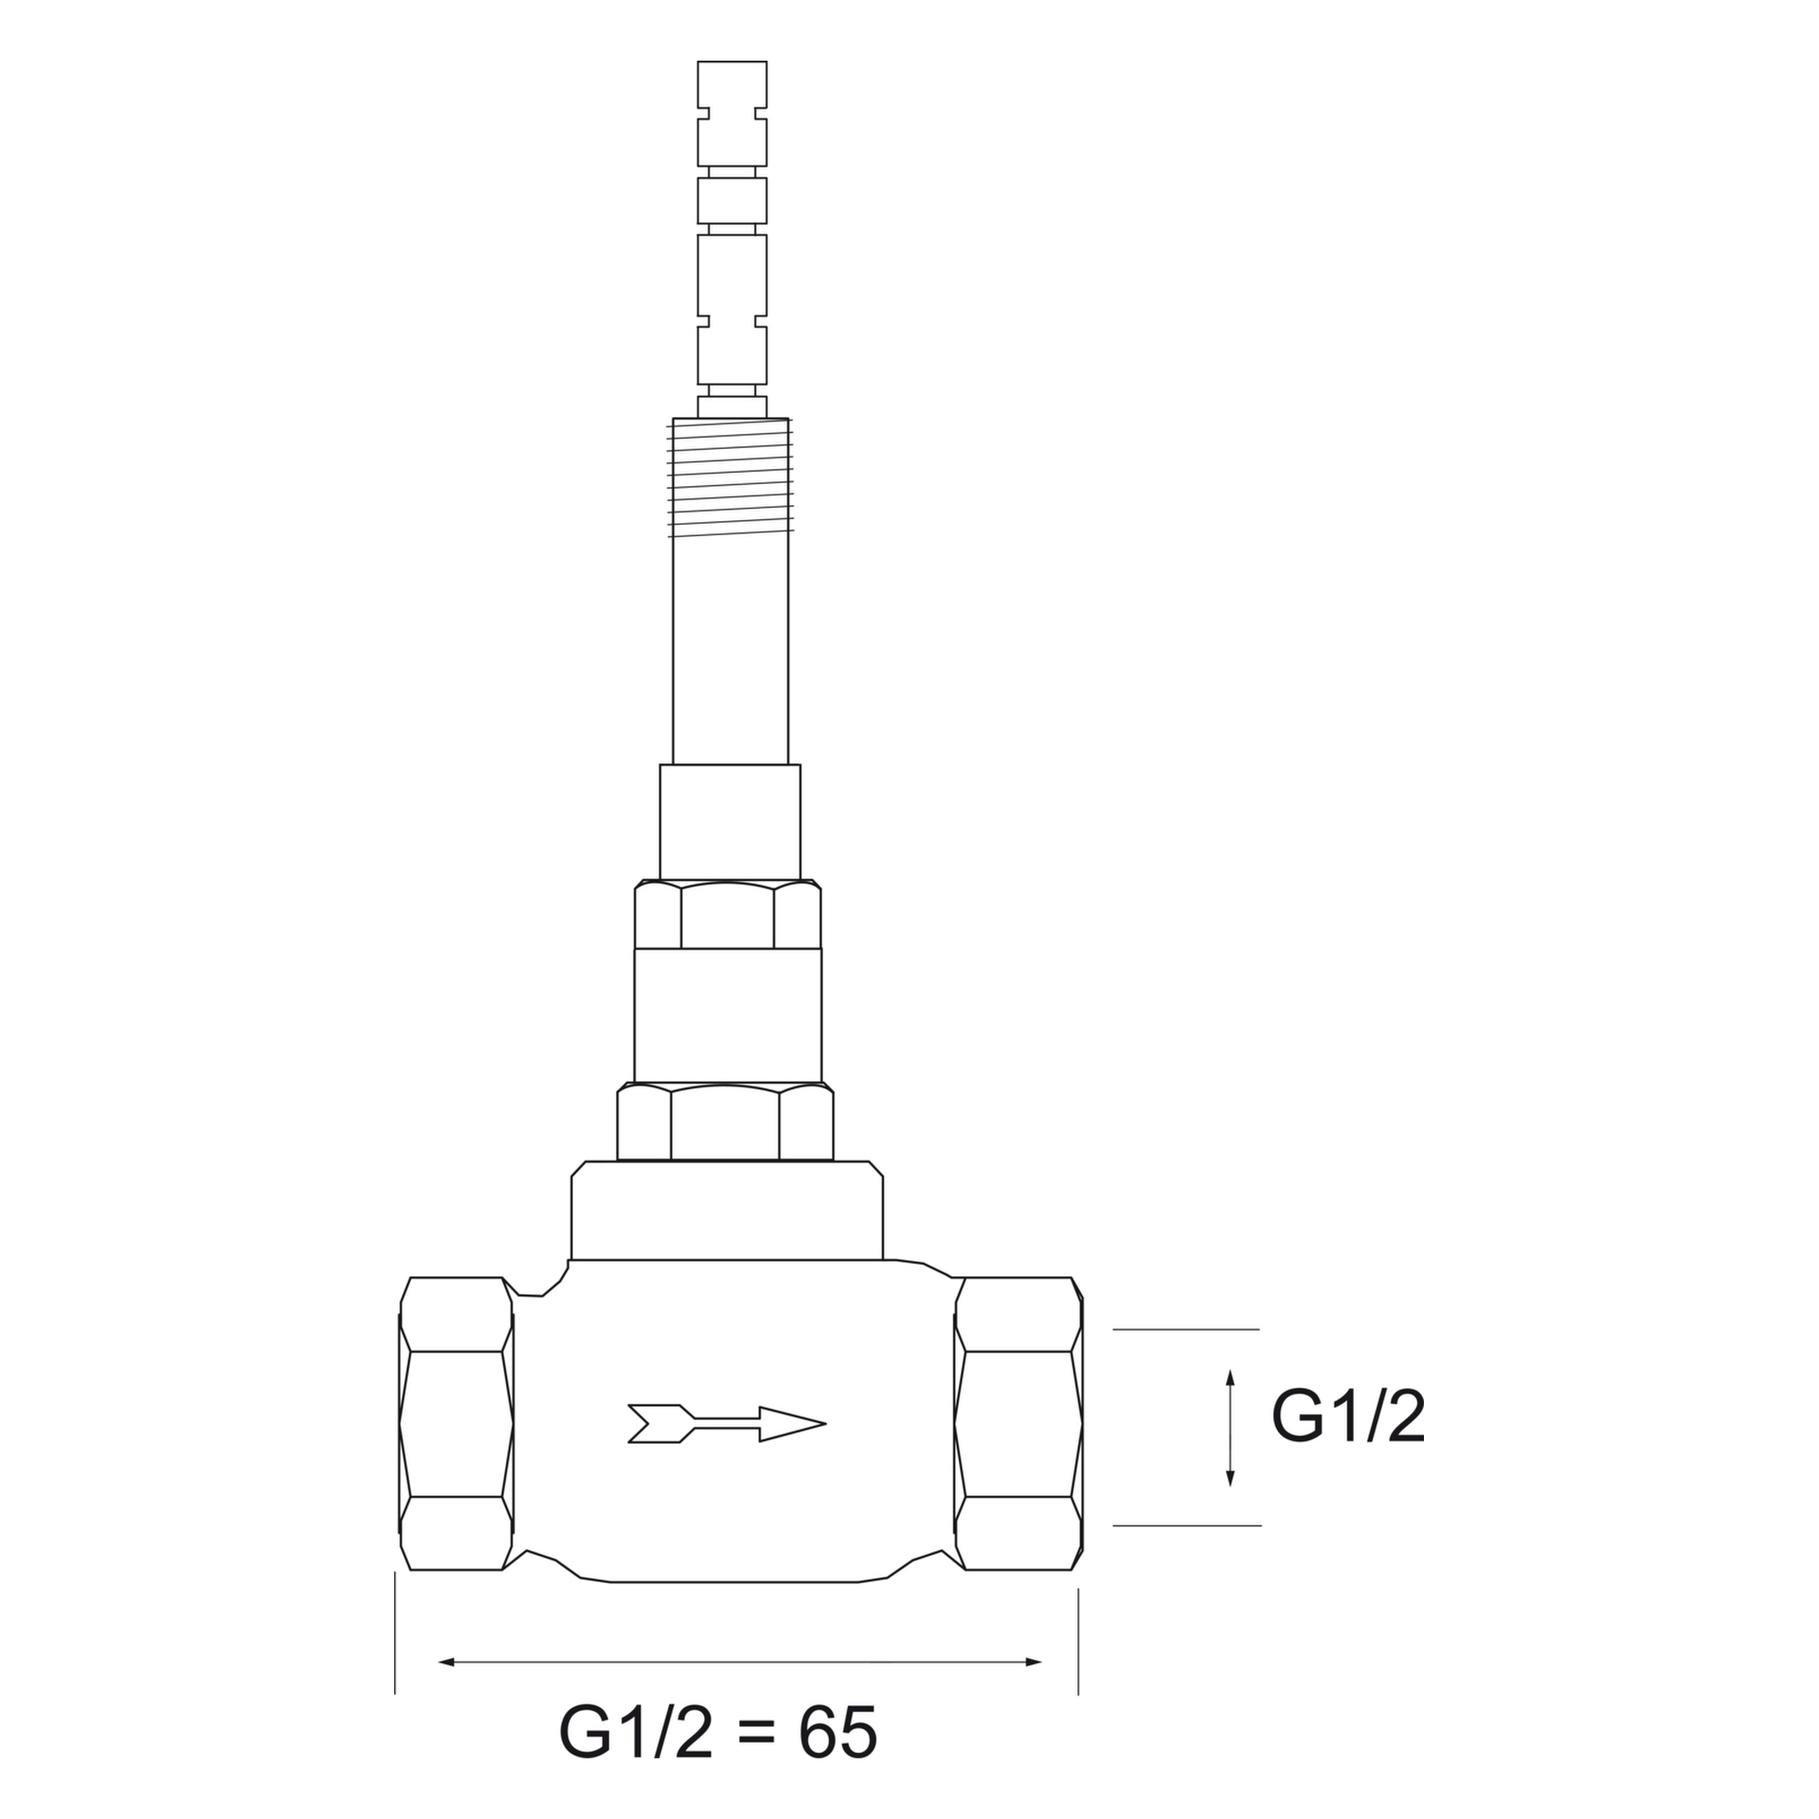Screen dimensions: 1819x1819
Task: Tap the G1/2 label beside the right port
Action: point(1347,1417)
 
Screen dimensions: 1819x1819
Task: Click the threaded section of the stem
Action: point(730,478)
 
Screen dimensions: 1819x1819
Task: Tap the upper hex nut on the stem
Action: point(728,915)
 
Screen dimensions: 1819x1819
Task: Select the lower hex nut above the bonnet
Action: point(726,1124)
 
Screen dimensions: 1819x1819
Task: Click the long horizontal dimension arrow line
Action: point(739,1662)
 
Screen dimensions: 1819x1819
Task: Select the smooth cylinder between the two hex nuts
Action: point(728,1014)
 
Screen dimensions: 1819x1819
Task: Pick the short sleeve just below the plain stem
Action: point(729,822)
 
